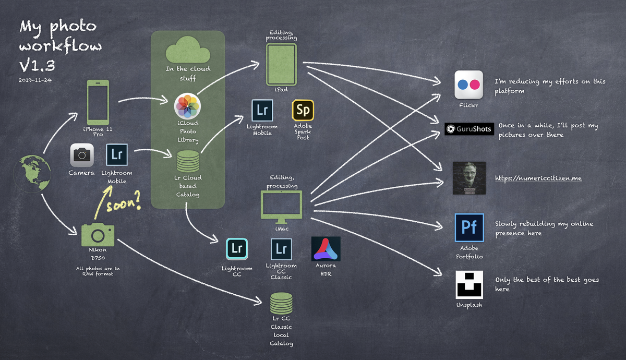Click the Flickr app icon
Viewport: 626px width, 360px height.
(468, 85)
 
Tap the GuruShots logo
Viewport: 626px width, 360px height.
(469, 129)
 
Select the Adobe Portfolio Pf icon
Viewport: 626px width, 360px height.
(469, 228)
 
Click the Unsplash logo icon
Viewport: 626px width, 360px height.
(469, 284)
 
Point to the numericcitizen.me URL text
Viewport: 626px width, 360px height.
(538, 178)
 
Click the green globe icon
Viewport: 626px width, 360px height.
(33, 172)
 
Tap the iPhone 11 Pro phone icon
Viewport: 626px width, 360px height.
(98, 102)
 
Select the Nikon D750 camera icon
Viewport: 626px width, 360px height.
(98, 234)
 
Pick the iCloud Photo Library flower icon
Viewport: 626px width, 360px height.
(188, 106)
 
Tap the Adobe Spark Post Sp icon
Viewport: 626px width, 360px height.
(303, 111)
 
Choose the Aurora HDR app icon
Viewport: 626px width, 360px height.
(326, 249)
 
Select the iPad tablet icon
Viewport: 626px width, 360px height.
(281, 64)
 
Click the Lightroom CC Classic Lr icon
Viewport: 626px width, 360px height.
(281, 249)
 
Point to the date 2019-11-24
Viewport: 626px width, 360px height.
(35, 80)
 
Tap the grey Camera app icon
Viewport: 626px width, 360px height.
(82, 155)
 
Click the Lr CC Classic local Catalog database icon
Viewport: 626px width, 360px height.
(281, 303)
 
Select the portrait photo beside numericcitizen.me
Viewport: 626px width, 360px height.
(469, 178)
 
